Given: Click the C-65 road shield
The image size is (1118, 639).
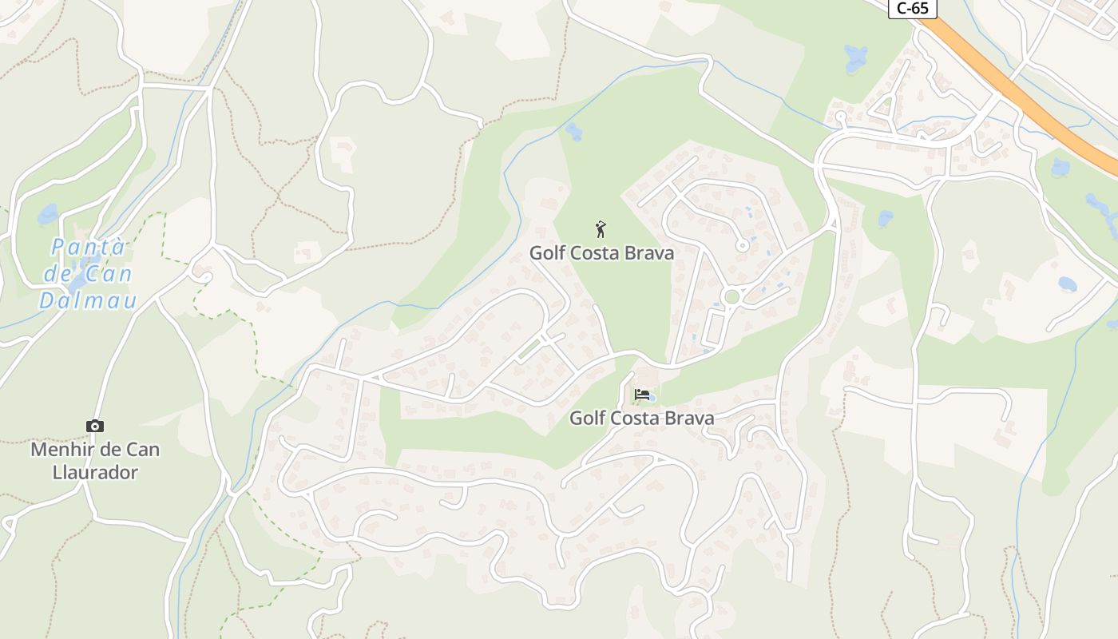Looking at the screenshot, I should click(913, 8).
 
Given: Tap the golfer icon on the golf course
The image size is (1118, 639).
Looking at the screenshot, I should click(601, 229).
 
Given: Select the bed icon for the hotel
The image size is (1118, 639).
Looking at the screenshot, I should click(640, 394).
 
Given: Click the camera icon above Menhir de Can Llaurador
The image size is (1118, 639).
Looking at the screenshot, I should click(95, 427).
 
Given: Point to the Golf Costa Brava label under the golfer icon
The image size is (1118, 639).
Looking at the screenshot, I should click(601, 253).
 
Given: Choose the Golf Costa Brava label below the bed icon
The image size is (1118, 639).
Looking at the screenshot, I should click(641, 418).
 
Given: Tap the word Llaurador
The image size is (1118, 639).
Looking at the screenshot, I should click(95, 472).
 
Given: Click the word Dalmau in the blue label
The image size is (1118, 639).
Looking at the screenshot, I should click(88, 301).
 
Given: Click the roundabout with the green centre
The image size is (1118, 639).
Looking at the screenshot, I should click(731, 297).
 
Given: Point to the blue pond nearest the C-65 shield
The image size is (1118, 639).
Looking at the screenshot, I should click(856, 58).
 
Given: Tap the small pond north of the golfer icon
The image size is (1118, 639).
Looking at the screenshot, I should click(573, 131).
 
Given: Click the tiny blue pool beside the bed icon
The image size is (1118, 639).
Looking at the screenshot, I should click(652, 397).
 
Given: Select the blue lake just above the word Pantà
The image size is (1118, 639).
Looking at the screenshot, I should click(48, 214).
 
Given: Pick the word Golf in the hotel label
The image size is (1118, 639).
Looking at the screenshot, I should click(586, 418).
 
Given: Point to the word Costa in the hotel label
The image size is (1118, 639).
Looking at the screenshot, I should click(636, 418).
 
